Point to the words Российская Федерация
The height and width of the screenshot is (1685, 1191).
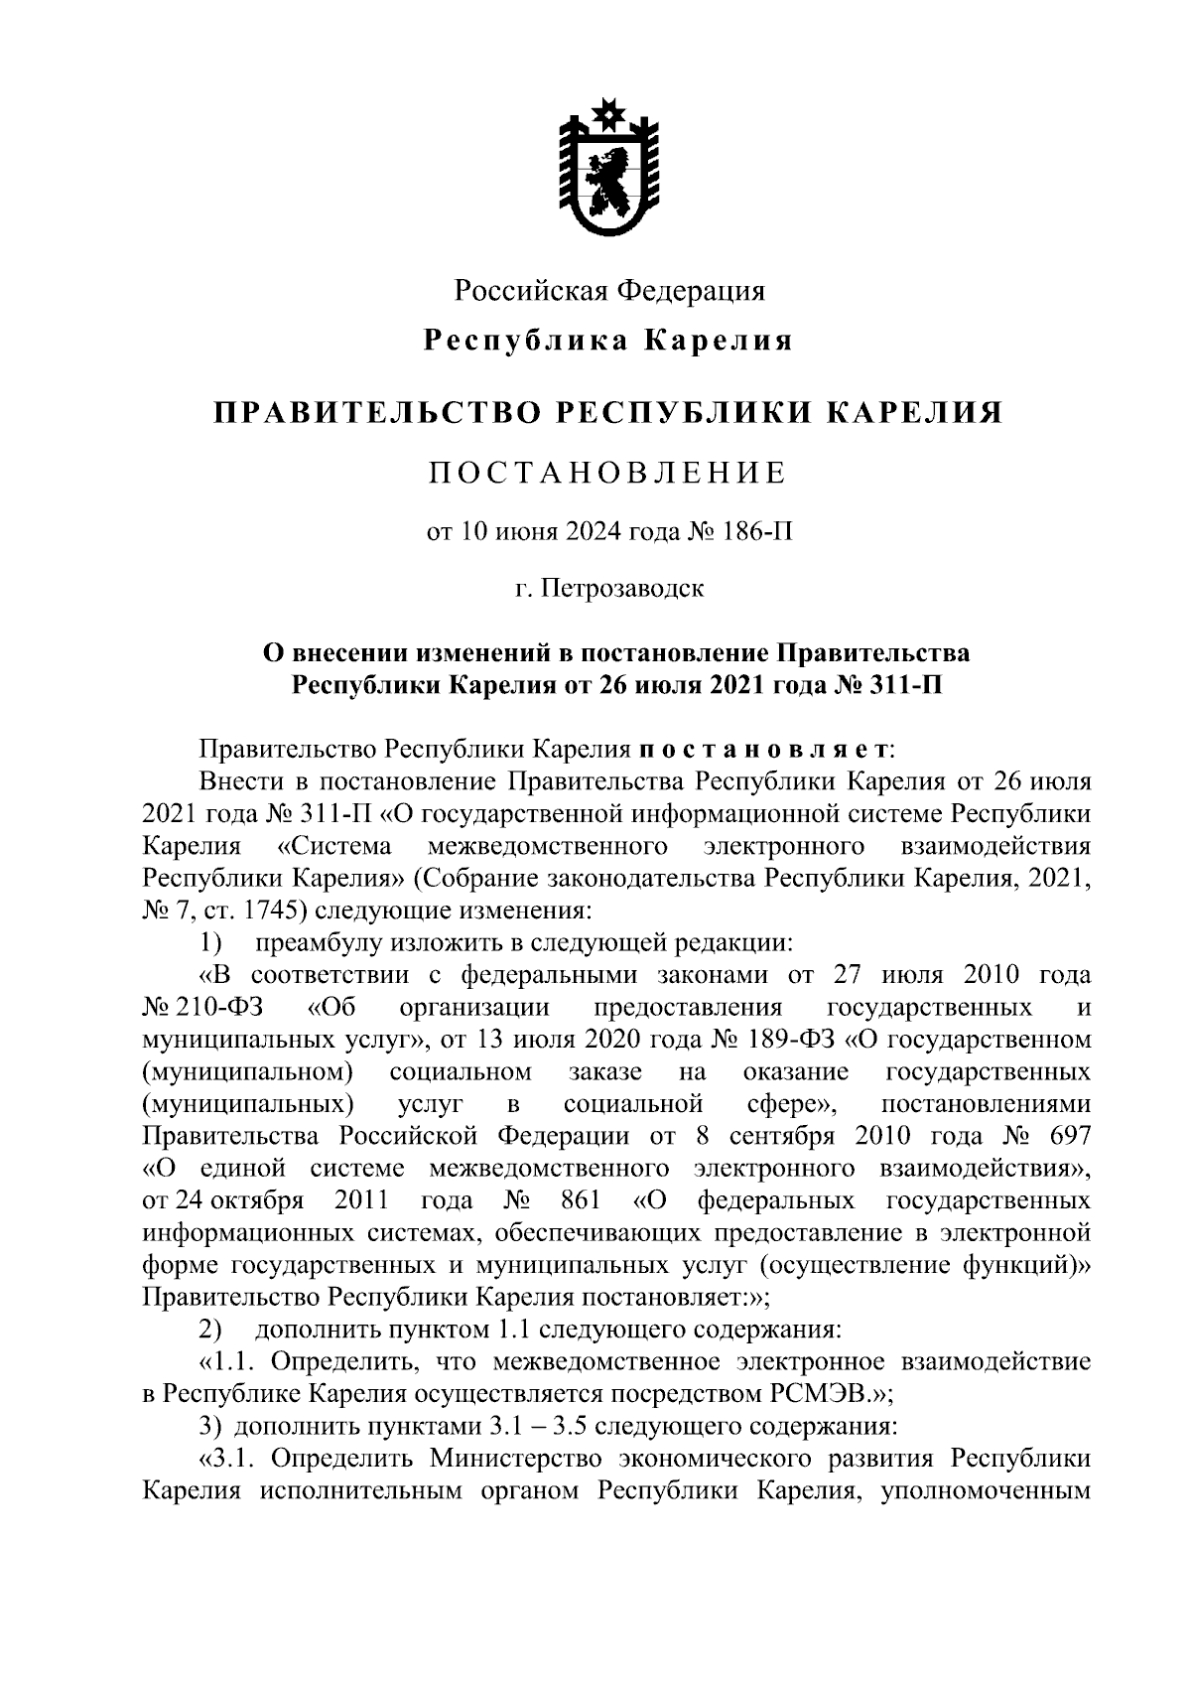[x=608, y=291]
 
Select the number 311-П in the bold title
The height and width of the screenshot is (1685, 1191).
[x=899, y=686]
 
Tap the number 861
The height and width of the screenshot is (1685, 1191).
[x=581, y=1200]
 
